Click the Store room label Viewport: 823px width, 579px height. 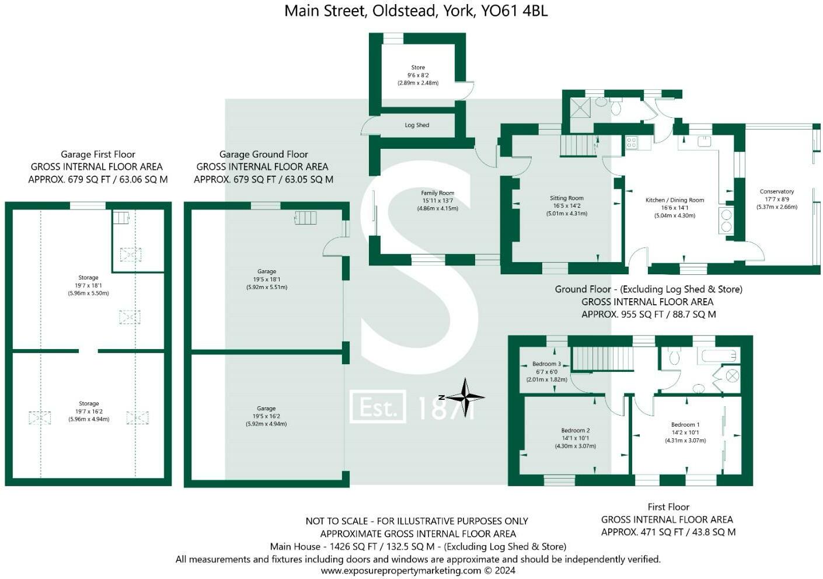pyautogui.click(x=418, y=68)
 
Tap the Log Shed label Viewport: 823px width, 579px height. pyautogui.click(x=417, y=125)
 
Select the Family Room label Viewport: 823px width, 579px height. pyautogui.click(x=438, y=193)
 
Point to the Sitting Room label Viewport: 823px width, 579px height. pyautogui.click(x=567, y=198)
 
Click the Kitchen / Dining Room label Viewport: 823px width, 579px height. pyautogui.click(x=675, y=200)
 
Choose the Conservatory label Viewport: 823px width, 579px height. pyautogui.click(x=777, y=191)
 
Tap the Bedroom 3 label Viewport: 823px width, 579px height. pyautogui.click(x=546, y=364)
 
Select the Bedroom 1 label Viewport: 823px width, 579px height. pyautogui.click(x=685, y=425)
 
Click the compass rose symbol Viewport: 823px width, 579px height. pyautogui.click(x=465, y=397)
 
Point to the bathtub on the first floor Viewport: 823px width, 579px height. pyautogui.click(x=720, y=355)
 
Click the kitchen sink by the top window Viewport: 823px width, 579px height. pyautogui.click(x=704, y=141)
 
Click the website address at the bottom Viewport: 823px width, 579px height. pyautogui.click(x=418, y=571)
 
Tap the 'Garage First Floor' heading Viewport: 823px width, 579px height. pyautogui.click(x=98, y=155)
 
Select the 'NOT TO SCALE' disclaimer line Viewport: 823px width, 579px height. pyautogui.click(x=417, y=521)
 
